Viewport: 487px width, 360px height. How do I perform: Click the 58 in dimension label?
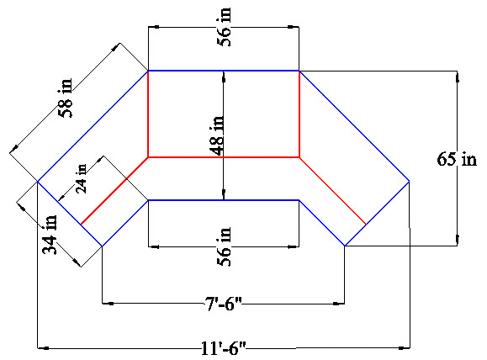[x=66, y=98]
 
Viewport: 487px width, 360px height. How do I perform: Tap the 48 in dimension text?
[x=217, y=135]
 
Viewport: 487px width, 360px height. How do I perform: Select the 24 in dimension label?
[x=82, y=178]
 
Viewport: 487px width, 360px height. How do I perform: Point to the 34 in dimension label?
[x=50, y=235]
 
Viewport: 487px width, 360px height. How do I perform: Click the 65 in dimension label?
[x=457, y=159]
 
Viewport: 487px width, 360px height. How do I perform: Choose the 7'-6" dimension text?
[x=223, y=304]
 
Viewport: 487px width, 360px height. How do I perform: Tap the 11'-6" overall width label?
[x=223, y=348]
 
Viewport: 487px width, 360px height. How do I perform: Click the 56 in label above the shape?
[x=225, y=27]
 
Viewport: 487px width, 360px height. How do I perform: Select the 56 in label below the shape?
[x=225, y=246]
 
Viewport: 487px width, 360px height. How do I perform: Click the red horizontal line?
[x=224, y=157]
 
